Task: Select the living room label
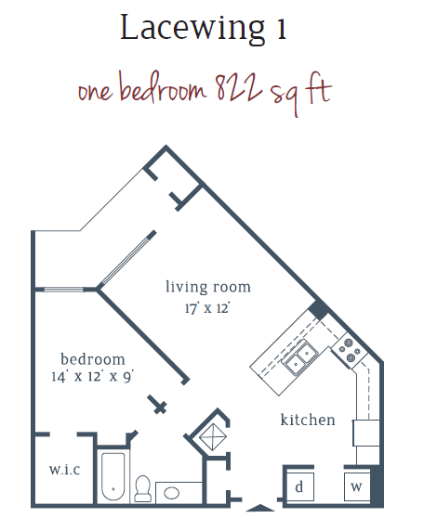[x=208, y=287]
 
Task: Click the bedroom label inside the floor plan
[x=92, y=359]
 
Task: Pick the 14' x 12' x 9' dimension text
[x=92, y=378]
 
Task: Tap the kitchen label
[x=308, y=421]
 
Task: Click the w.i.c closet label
[x=64, y=469]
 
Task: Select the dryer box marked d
[x=299, y=486]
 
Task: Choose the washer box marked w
[x=356, y=486]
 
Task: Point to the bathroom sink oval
[x=176, y=493]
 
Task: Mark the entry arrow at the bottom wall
[x=259, y=507]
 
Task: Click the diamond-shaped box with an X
[x=210, y=433]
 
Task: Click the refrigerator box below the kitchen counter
[x=365, y=433]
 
